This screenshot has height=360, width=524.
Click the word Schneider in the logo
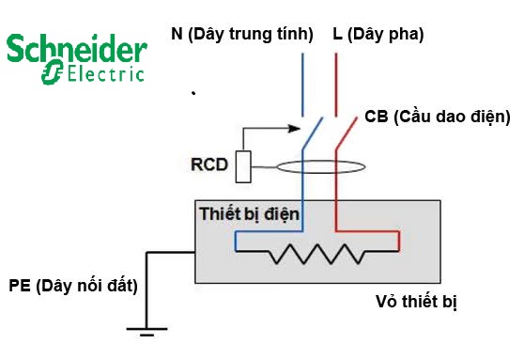click(77, 49)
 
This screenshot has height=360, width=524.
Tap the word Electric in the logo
click(106, 73)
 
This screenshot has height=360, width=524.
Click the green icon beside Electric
click(53, 72)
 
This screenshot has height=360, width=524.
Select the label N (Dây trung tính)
click(242, 35)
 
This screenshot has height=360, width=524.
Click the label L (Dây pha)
click(378, 35)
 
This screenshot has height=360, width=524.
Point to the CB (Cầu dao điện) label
click(438, 117)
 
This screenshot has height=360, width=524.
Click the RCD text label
click(209, 164)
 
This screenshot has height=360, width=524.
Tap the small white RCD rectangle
click(243, 167)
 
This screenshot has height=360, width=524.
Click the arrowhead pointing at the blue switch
click(294, 128)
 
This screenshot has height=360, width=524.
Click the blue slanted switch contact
click(313, 133)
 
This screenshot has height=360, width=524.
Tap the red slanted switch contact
click(347, 133)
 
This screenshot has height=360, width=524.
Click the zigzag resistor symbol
click(317, 254)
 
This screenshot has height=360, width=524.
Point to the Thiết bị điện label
click(249, 214)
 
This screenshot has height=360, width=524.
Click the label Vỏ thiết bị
click(416, 302)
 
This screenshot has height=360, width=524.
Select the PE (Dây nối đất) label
click(73, 286)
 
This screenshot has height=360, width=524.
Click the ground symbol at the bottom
click(146, 331)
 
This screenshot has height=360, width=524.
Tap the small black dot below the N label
click(193, 93)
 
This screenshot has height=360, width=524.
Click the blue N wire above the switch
click(302, 85)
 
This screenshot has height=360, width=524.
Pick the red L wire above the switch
click(336, 85)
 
